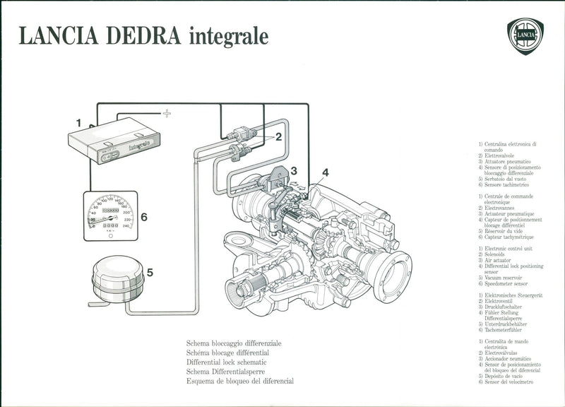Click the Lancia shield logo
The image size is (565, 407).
(525, 36)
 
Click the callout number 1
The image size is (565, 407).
(80, 122)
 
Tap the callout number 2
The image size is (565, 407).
(279, 136)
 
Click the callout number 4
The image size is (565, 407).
(325, 172)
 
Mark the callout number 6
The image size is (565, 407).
(143, 217)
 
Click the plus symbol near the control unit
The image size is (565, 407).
(167, 113)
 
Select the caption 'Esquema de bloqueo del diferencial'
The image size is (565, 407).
(240, 381)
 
